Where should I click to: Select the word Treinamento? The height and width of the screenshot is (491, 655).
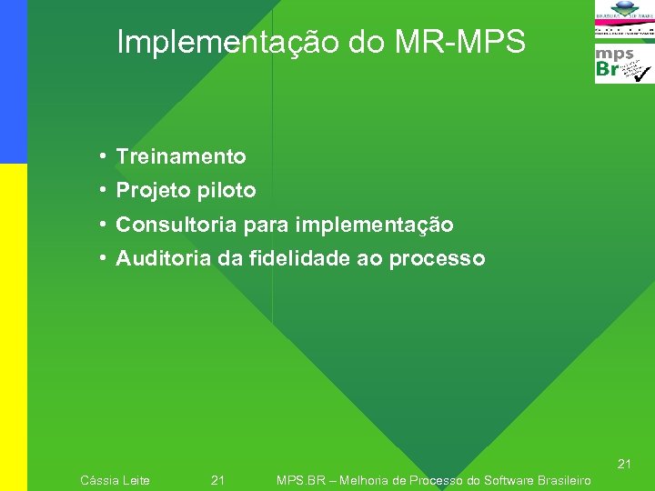point(181,156)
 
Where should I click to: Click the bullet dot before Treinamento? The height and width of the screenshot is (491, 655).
point(106,156)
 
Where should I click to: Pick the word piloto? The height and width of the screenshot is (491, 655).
point(227,191)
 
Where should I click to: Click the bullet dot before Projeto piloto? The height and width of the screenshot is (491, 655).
point(106,191)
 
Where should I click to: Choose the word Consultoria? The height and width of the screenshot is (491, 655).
point(176,225)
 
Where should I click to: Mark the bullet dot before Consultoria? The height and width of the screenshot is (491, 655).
point(106,225)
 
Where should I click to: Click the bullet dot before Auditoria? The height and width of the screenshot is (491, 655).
point(106,259)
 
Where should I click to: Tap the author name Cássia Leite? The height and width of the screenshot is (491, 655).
point(116,480)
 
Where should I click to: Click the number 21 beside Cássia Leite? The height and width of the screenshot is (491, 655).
point(217,480)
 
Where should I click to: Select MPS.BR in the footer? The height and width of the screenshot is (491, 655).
point(301,480)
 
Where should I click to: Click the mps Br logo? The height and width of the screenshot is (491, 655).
point(623,64)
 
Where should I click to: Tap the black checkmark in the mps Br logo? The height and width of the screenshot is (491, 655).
point(640,72)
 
